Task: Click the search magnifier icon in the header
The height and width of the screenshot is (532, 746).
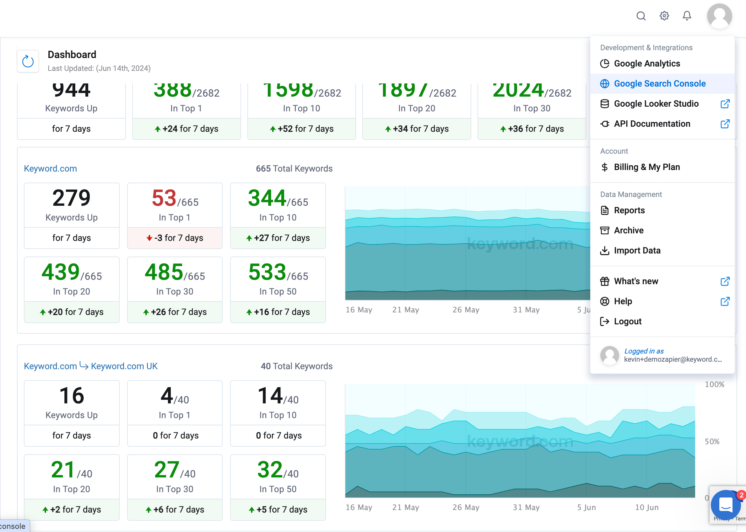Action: click(641, 16)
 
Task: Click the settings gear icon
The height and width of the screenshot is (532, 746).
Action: click(664, 16)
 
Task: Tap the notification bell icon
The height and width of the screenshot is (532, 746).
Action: click(687, 16)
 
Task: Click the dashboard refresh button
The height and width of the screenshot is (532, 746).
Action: click(28, 61)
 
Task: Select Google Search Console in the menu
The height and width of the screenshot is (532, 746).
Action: click(659, 83)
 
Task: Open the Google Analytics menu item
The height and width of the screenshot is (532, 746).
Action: click(647, 64)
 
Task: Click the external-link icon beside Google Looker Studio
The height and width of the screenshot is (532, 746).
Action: click(725, 104)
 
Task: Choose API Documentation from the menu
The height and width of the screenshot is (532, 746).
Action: click(651, 124)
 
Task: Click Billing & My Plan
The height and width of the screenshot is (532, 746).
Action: click(647, 167)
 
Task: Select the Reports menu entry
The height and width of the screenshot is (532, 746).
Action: click(629, 210)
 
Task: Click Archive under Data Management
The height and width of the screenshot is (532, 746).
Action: click(628, 230)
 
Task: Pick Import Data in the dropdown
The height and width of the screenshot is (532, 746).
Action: click(637, 251)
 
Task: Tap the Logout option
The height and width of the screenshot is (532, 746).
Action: click(627, 321)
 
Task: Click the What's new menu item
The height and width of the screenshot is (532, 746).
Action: click(635, 281)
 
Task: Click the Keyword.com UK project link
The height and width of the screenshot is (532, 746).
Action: click(124, 366)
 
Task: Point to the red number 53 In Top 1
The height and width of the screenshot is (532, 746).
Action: click(164, 199)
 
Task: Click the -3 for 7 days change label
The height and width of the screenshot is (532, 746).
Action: click(175, 238)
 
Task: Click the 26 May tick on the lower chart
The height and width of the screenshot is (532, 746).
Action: click(466, 508)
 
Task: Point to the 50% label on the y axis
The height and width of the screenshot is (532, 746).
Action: click(712, 442)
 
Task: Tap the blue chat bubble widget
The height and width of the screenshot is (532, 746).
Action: click(726, 504)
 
